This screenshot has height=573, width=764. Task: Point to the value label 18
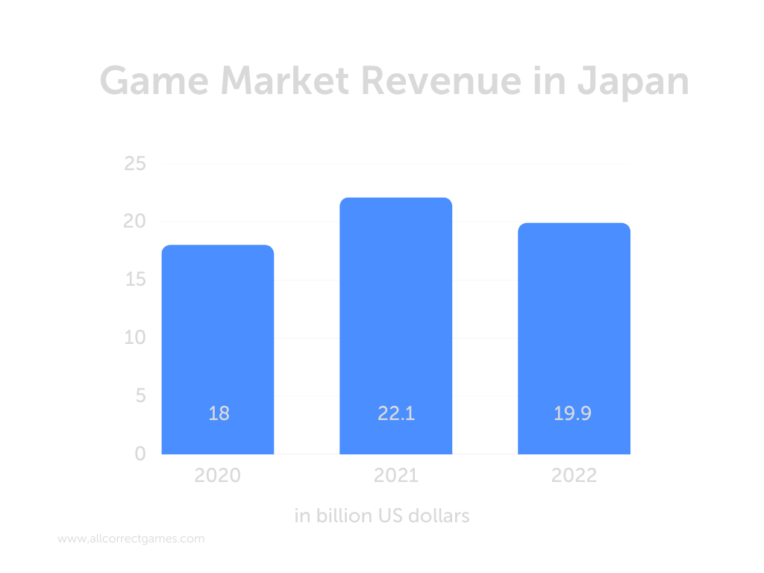click(219, 413)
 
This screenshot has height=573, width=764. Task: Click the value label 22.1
click(396, 413)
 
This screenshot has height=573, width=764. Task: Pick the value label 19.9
click(572, 413)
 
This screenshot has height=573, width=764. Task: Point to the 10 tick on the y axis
click(134, 338)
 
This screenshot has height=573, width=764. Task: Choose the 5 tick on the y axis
click(140, 396)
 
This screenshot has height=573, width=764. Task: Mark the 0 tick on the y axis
click(140, 454)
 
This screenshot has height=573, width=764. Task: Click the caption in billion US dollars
click(382, 516)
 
